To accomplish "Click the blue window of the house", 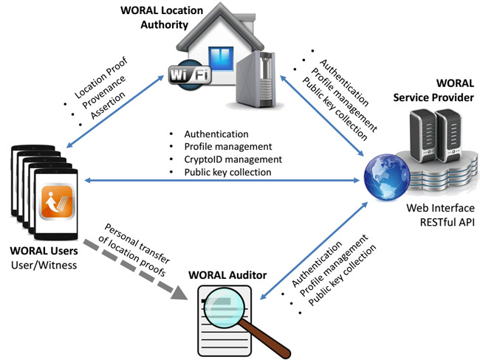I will point(218,58).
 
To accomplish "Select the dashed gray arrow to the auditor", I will point(140,267).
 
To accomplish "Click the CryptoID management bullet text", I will point(223,159).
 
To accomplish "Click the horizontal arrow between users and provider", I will point(222,180).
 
